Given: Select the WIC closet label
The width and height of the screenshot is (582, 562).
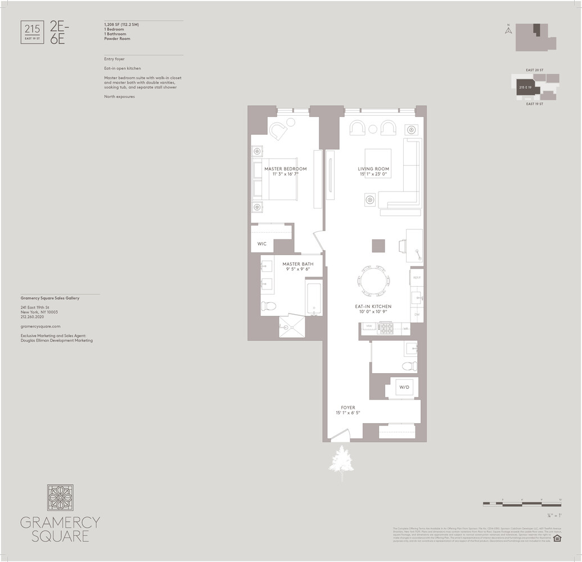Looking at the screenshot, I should pos(262,244).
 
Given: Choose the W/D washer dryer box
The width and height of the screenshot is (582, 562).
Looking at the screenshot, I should pos(404,388).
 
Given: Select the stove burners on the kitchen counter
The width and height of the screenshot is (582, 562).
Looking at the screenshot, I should pos(387,328).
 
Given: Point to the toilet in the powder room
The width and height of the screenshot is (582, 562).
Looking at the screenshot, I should pos(409,366).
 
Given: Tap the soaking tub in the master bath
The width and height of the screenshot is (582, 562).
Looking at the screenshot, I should pos(313,298).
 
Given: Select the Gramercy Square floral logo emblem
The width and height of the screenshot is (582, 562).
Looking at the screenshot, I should pos(60,497).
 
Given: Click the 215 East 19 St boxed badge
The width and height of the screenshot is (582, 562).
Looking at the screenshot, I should pos(31,31).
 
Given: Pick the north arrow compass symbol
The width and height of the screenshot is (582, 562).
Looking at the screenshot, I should pos(508,30).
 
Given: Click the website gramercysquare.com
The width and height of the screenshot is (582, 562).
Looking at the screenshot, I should pos(40,327).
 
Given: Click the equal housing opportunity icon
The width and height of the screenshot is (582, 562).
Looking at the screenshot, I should pos(557,538).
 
